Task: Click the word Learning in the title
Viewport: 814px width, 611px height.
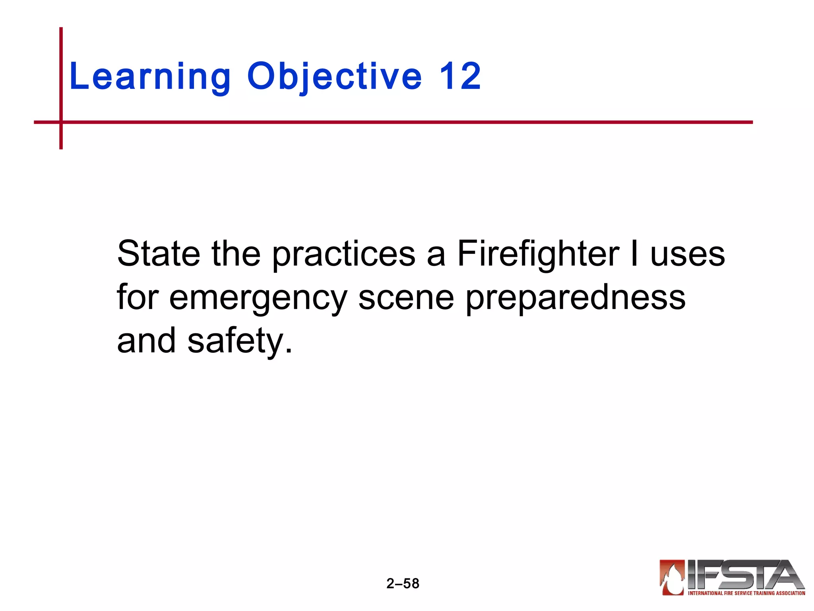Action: tap(150, 76)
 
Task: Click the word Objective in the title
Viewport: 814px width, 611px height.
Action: tap(334, 76)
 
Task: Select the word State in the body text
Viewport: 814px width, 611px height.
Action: tap(159, 254)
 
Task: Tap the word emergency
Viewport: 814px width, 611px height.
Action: tap(258, 298)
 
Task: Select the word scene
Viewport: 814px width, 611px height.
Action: tap(406, 298)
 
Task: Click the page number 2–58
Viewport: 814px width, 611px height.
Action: tap(403, 584)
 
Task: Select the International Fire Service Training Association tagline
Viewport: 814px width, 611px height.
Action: tap(746, 593)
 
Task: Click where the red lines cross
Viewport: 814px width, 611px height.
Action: tap(61, 122)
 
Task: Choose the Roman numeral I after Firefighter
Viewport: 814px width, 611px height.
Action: tap(634, 254)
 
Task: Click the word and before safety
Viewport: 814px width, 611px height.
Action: tap(146, 341)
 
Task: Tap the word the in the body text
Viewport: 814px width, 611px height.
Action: tap(236, 254)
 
